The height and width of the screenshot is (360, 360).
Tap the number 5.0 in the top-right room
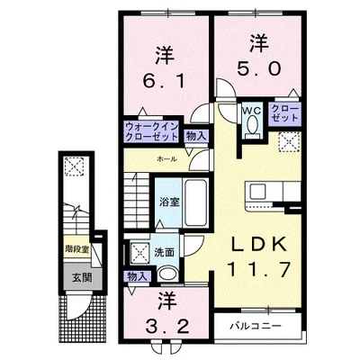point(259,67)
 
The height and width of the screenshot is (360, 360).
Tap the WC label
point(251,111)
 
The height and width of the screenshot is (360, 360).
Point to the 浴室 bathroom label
point(168,201)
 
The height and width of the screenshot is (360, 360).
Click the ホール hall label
point(166,158)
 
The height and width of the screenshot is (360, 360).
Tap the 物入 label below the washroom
point(138,277)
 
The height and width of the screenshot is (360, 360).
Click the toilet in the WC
point(251,131)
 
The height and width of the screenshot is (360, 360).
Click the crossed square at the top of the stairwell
point(75,167)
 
